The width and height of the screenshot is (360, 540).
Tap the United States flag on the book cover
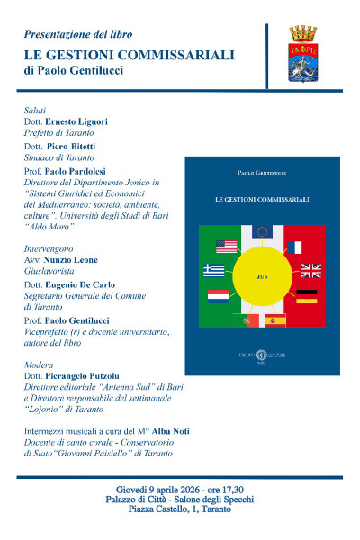226,246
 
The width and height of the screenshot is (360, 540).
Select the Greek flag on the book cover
214,269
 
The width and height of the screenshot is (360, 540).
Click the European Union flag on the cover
263,231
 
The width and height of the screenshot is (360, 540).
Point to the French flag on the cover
294,247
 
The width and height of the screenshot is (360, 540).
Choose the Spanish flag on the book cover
274,319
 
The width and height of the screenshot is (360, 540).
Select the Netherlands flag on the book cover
219,295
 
